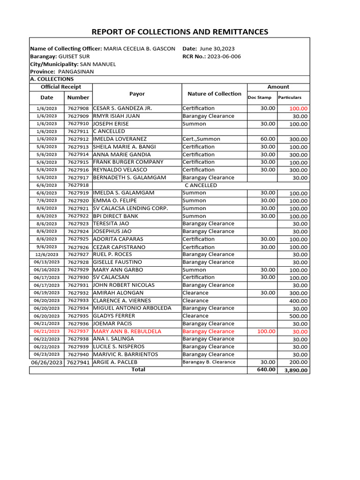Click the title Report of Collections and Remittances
(180, 32)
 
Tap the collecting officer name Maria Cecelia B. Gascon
(139, 49)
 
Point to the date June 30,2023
(217, 49)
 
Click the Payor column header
(137, 94)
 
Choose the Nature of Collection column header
(214, 94)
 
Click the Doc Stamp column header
(259, 97)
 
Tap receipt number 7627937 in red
(78, 331)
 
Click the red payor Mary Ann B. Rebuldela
(127, 331)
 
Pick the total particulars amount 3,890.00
(295, 370)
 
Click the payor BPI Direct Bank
(116, 216)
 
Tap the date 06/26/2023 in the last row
(47, 362)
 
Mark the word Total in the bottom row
(138, 369)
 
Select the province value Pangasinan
(76, 72)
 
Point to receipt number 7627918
(78, 185)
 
